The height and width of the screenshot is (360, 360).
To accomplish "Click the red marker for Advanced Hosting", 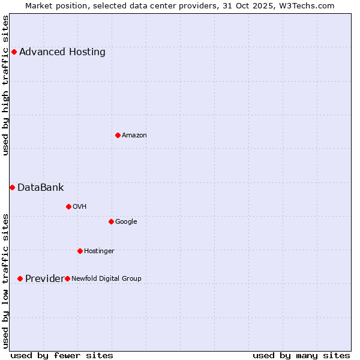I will [14, 52].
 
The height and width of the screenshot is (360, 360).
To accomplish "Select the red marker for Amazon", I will [118, 135].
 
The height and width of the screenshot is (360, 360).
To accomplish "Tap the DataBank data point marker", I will [12, 187].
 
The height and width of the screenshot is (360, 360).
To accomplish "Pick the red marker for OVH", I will [68, 206].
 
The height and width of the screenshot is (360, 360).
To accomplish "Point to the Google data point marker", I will [111, 221].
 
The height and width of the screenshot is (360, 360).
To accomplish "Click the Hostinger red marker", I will [80, 251].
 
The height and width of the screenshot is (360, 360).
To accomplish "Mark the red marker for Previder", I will [20, 278].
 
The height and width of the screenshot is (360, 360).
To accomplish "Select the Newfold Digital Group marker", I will [67, 278].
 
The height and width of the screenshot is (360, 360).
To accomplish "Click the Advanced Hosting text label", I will [62, 52].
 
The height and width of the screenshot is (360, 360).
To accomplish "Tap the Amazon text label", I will [134, 135].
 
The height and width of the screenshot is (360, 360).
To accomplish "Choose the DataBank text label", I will [41, 187].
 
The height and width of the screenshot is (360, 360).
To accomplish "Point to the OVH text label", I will [80, 206].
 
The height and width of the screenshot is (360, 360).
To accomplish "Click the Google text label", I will [126, 221].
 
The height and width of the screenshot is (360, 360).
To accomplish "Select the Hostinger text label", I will [99, 251].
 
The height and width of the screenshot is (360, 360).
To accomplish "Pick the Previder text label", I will [44, 278].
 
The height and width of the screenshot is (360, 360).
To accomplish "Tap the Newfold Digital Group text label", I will [106, 278].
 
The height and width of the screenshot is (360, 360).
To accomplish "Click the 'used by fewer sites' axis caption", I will [62, 355].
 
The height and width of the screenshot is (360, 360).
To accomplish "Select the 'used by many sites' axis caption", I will [301, 355].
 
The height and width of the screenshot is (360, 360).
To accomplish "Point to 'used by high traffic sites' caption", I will [5, 85].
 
